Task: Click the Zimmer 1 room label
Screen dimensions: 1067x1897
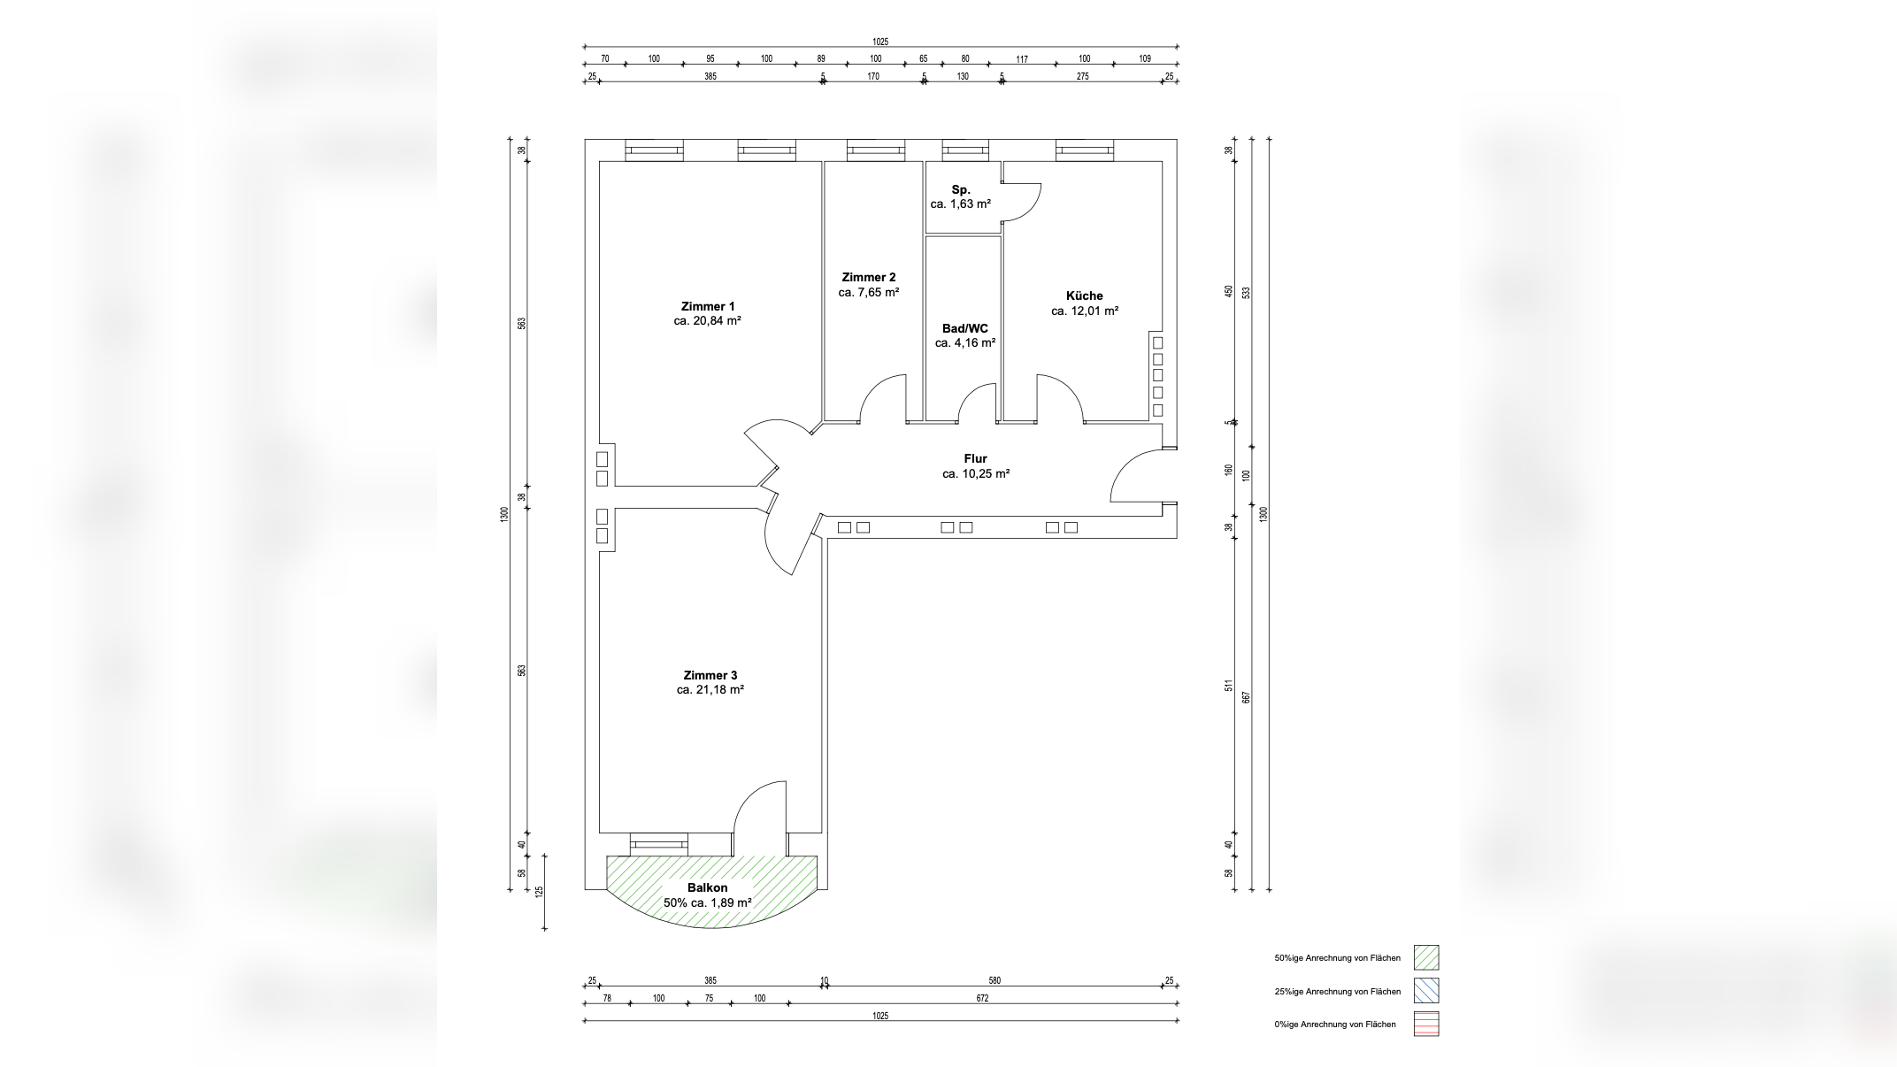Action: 707,306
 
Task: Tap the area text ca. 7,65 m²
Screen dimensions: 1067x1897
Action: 868,292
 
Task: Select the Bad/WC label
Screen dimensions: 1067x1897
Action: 964,328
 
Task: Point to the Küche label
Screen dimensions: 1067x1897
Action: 1084,296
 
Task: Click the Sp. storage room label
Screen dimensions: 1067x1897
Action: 961,189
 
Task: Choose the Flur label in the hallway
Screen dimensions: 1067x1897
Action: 975,458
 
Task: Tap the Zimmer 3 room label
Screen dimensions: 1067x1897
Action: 710,675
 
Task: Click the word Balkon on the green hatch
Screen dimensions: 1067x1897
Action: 707,887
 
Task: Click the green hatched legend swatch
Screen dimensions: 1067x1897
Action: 1425,957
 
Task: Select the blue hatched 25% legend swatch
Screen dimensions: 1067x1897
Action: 1425,991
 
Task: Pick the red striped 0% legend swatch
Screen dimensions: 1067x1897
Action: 1425,1024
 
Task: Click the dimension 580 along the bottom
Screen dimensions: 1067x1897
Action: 994,980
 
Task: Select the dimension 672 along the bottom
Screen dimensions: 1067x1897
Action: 982,998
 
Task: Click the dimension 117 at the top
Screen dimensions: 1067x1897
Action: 1022,59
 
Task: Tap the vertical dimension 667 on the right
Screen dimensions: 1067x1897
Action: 1247,697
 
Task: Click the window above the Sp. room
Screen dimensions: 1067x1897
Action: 964,150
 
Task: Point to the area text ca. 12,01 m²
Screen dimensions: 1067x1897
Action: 1084,311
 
